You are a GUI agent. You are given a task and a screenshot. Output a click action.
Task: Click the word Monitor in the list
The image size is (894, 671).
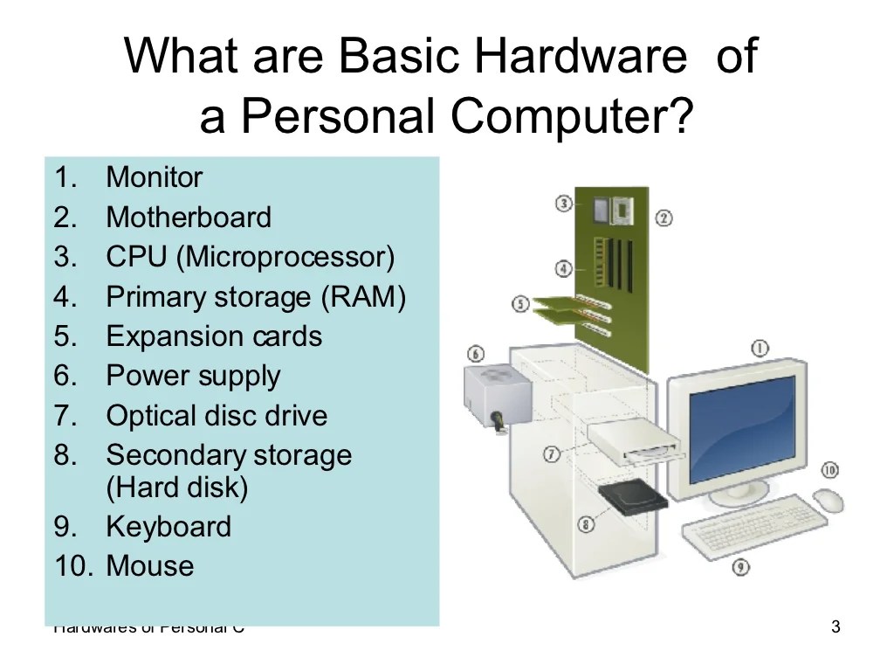154,178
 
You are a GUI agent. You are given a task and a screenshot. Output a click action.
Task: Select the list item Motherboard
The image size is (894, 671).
189,218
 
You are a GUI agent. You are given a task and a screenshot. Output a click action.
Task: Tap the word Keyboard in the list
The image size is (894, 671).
168,527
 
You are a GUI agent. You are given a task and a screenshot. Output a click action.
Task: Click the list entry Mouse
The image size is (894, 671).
149,566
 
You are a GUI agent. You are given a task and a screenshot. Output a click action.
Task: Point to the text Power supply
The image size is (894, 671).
193,377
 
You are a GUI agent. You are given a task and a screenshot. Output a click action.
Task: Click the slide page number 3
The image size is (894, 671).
836,626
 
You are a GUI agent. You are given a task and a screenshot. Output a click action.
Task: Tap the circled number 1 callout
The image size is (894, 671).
760,349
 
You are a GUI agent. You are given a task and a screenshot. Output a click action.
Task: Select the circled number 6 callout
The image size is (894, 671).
476,354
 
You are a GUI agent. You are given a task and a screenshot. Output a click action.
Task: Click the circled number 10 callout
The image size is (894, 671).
829,470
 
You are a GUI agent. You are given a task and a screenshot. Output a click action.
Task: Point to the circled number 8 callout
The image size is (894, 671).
586,524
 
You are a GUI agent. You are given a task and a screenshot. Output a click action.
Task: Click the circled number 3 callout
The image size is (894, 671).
564,203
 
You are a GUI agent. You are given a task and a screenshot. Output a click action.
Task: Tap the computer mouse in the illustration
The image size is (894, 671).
828,500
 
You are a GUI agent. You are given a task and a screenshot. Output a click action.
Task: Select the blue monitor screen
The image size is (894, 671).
742,428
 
